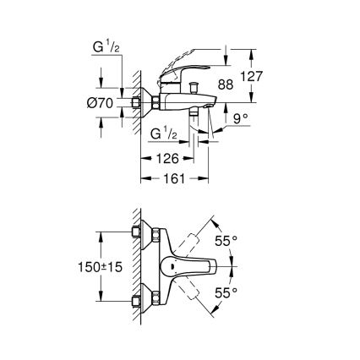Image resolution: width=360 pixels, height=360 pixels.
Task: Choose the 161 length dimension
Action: pos(173,179)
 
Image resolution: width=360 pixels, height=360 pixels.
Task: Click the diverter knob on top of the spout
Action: pos(194,85)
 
